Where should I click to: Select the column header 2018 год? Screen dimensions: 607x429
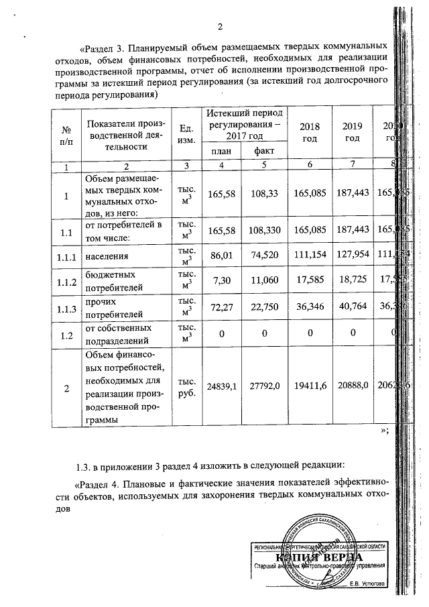pos(310,132)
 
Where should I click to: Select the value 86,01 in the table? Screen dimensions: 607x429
pos(221,256)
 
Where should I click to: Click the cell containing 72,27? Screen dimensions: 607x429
pos(221,311)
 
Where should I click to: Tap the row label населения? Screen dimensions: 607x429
pos(107,256)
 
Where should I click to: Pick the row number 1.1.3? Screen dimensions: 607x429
pos(65,311)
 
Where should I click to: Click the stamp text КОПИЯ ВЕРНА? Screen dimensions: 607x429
pos(318,558)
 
